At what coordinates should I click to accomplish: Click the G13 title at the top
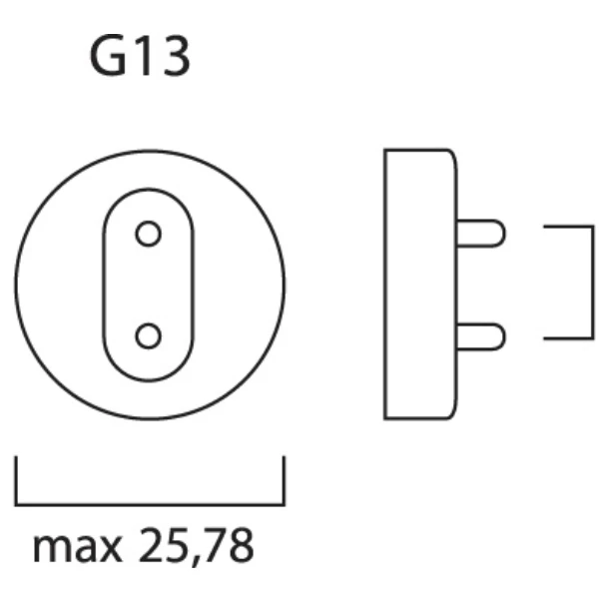140,59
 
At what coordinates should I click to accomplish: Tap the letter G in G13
105,59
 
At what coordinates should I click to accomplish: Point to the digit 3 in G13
173,59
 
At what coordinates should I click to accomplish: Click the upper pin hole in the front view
149,234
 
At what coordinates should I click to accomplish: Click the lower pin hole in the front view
149,335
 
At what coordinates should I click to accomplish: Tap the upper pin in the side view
479,234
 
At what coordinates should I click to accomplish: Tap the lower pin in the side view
479,336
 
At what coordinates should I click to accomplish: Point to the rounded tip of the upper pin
498,234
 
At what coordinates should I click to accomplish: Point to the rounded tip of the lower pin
498,336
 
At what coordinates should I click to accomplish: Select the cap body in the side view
420,285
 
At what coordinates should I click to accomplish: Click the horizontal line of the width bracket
150,502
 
